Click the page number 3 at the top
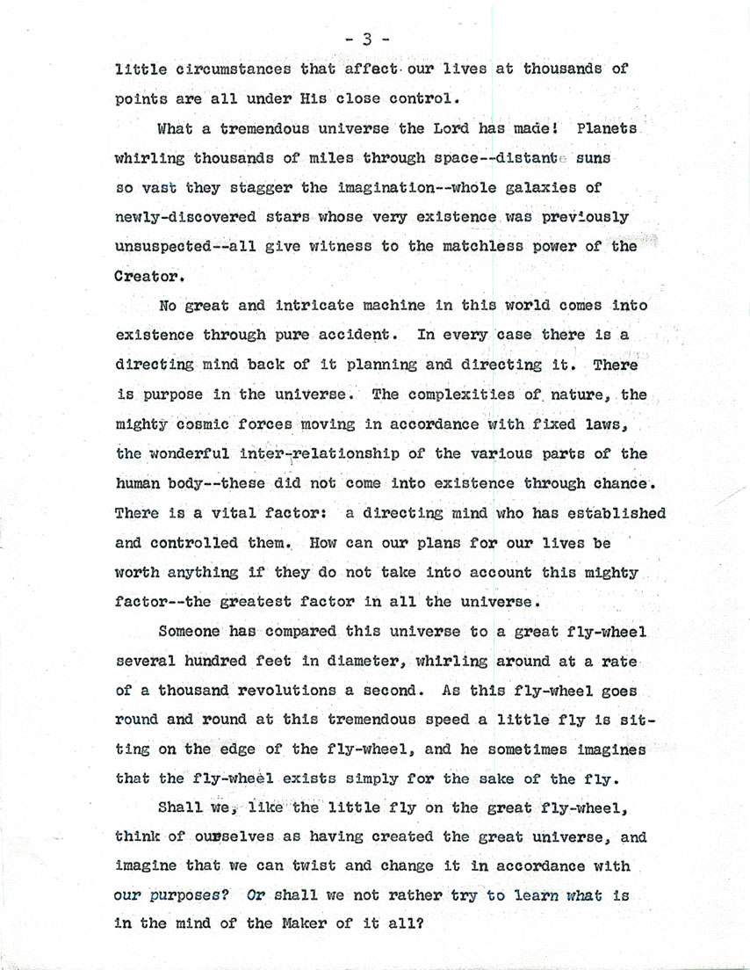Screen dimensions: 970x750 (368, 38)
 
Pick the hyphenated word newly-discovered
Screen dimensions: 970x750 (191, 218)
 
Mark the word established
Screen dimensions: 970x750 (610, 514)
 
